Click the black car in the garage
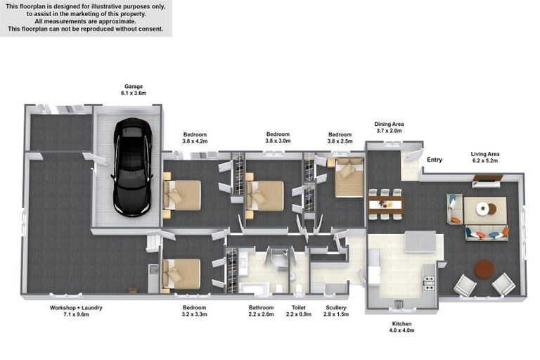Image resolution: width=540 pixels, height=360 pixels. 132,167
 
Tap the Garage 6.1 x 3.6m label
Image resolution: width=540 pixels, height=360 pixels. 134,89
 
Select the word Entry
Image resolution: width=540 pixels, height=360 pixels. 435,160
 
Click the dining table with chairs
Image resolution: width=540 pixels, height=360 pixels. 385,205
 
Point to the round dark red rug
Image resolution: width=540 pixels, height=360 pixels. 484,269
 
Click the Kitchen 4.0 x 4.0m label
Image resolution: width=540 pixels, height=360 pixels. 401,327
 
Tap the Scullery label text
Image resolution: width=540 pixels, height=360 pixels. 336,308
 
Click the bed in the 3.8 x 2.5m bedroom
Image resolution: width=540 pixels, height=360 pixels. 349,178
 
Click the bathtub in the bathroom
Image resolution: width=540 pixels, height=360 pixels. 254,288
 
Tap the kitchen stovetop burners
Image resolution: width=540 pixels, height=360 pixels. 429,283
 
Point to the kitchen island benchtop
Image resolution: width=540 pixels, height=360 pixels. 420,242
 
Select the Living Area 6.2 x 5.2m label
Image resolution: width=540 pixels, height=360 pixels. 485,157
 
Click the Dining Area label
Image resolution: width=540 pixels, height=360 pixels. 389,124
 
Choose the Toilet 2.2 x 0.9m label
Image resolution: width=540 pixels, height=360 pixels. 299,311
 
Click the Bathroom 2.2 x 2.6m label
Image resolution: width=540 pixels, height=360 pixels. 261,311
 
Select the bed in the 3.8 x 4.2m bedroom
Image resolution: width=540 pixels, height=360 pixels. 182,195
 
